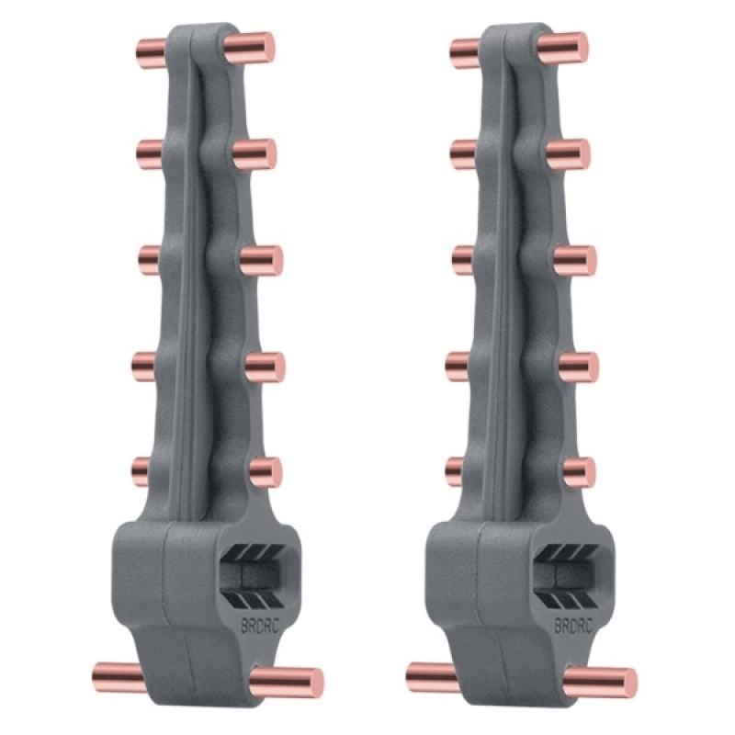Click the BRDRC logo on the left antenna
coord(259,627)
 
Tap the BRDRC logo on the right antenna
coord(573,627)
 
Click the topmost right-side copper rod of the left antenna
coord(249,48)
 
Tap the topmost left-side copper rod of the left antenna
coord(152,53)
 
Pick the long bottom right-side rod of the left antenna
coord(287,682)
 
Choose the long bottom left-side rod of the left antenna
coord(119,677)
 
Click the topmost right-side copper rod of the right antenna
coord(563,48)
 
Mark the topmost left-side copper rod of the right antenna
coord(466,53)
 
